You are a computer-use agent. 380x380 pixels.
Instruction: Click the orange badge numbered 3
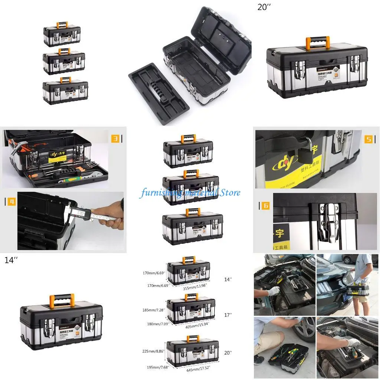pos(115,139)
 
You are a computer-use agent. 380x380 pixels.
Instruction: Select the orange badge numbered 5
pos(369,139)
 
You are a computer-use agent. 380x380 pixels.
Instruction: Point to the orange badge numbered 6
pos(265,206)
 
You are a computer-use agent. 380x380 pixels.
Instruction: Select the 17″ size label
pos(228,315)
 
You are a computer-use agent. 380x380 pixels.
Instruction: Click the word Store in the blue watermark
pos(230,192)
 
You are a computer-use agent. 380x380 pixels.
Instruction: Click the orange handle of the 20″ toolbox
pos(317,42)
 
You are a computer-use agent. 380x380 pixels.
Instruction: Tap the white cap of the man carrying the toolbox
pos(361,256)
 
